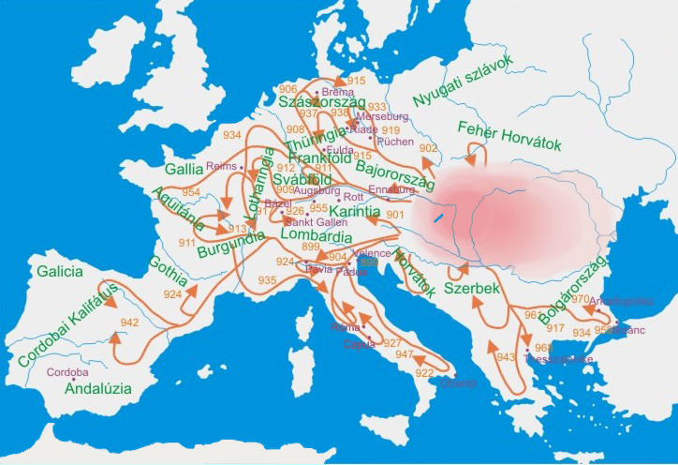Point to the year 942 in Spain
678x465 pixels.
[x=129, y=322]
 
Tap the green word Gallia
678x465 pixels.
[x=183, y=170]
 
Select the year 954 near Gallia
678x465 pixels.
[x=191, y=192]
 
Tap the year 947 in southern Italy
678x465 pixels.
[x=404, y=354]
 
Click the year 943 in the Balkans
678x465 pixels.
[x=507, y=357]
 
